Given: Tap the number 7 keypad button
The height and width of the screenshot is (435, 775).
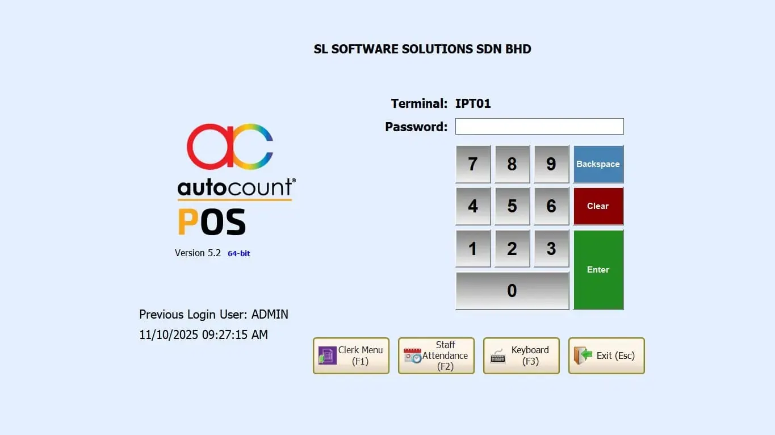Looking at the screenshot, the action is point(473,164).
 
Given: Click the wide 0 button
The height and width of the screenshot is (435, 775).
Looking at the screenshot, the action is point(512,291).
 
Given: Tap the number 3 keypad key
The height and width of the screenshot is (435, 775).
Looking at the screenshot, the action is point(551,249).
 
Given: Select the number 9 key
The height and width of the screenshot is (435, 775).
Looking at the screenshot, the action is point(551,164).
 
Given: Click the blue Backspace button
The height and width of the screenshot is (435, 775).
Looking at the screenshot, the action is point(598,164).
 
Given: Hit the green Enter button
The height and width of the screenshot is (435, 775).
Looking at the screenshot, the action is point(598,270).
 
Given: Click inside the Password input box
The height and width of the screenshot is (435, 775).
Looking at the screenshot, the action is point(539,126).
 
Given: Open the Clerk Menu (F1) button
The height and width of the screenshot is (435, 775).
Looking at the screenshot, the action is point(351,355).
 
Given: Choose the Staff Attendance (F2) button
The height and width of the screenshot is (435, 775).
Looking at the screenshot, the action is point(436,355).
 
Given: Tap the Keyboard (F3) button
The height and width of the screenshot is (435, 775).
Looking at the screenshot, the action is point(521,355).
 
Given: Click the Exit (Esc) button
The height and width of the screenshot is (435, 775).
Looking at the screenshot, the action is point(606,355).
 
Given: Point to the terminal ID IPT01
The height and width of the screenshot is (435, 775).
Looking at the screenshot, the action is point(473,103).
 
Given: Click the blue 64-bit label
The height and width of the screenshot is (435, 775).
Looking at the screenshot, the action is point(238,253).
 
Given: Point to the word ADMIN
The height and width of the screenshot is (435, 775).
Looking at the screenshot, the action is point(270,314).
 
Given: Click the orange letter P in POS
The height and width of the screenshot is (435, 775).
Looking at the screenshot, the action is point(188,222).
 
